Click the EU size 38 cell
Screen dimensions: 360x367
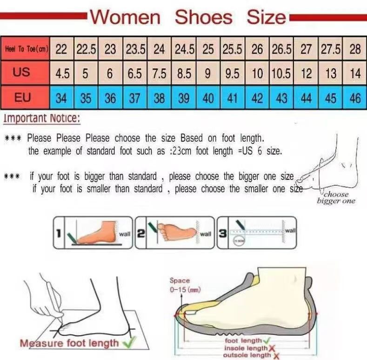point(159,98)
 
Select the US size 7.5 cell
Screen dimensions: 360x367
point(159,74)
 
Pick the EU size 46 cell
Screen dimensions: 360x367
point(355,98)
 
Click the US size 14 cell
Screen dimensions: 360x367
point(355,74)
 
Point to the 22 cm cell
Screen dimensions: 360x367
point(61,49)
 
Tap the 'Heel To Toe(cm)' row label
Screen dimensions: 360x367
point(26,49)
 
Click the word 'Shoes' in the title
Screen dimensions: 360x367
point(203,18)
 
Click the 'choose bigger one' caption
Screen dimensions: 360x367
point(336,197)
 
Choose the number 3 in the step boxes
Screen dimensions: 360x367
point(223,232)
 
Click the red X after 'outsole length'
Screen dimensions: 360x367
point(277,355)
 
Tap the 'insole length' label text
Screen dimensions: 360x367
point(246,348)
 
